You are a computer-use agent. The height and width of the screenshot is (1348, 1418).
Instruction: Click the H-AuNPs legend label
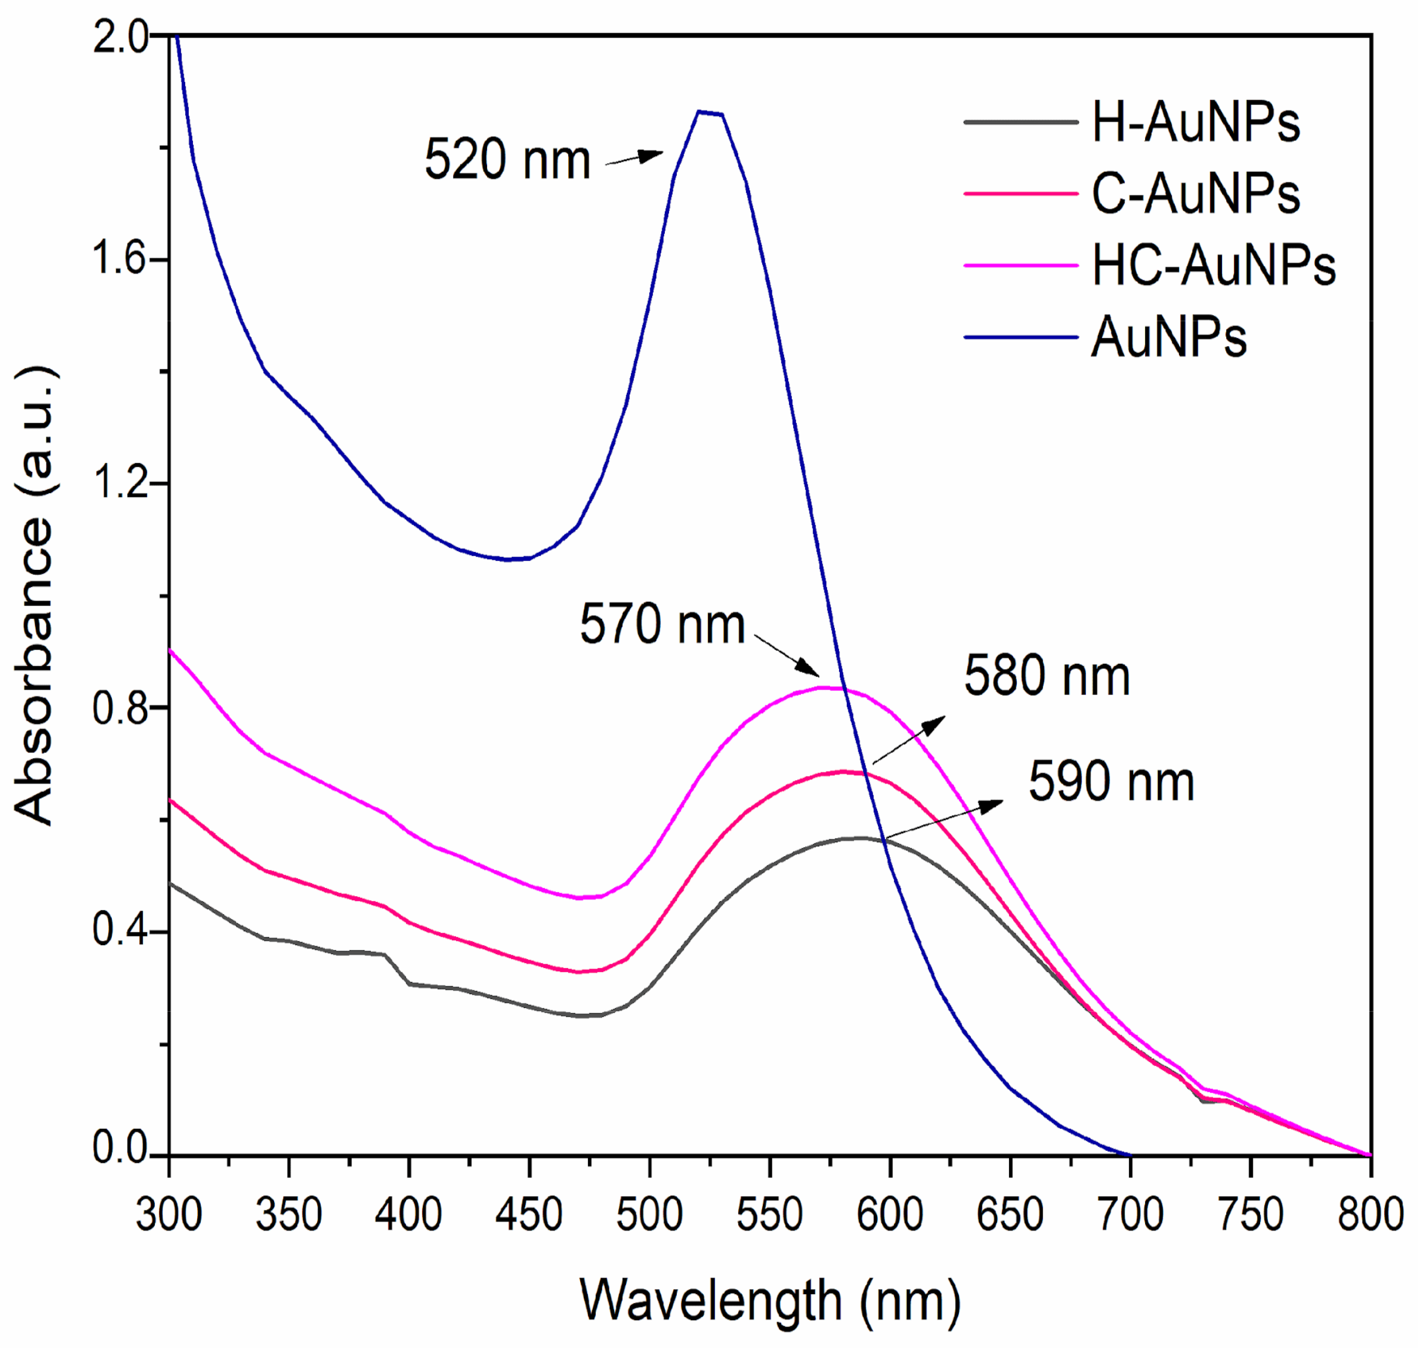coord(1195,123)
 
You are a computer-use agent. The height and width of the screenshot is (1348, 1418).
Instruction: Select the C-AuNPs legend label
coord(1195,194)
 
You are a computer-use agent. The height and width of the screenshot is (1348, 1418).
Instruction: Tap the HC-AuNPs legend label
coord(1214,266)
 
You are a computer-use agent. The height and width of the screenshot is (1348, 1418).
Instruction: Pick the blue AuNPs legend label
coord(1169,337)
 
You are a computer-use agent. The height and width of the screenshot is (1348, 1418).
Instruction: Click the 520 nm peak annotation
coord(507,160)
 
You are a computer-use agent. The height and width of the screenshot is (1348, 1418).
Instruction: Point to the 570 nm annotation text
coord(662,624)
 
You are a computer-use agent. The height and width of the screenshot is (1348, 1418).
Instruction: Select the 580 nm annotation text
coord(1047,676)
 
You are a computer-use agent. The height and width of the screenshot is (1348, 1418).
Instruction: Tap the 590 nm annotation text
coord(1111,782)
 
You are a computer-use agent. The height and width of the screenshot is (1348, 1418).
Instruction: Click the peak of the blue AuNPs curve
coord(708,111)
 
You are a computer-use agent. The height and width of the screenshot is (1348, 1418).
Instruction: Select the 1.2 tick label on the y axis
coord(120,483)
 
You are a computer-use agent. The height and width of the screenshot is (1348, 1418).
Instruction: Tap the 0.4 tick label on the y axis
coord(120,932)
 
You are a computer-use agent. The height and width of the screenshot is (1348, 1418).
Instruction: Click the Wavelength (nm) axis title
coord(769,1302)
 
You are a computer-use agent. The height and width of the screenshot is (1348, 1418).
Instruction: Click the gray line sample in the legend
coord(1020,123)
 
